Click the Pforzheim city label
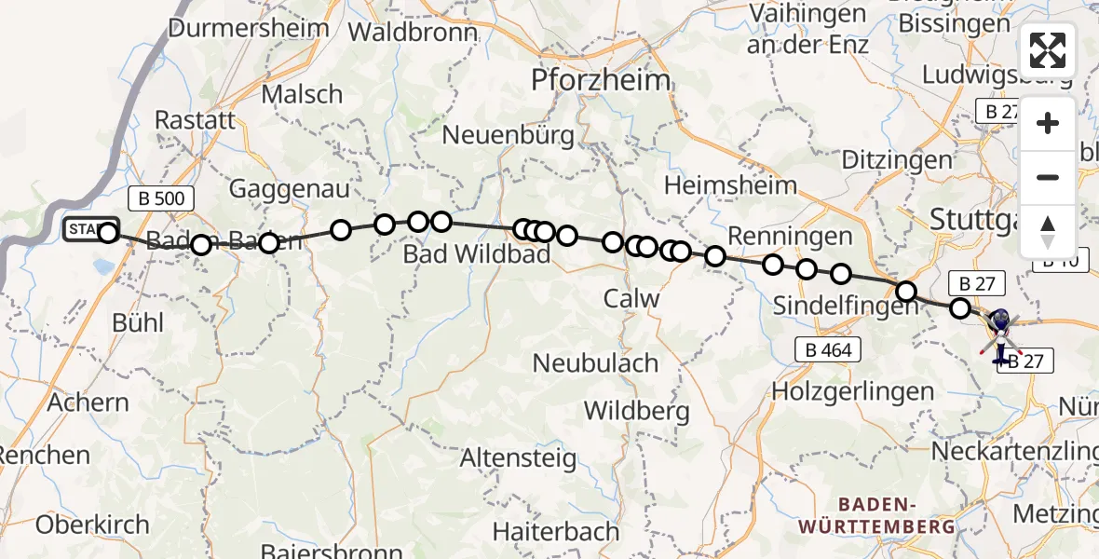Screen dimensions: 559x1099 [x=601, y=80]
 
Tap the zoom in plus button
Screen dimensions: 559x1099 [x=1048, y=124]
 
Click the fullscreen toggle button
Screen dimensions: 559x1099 [x=1048, y=50]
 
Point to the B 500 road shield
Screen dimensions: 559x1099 [x=160, y=198]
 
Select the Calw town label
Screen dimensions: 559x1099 [x=631, y=299]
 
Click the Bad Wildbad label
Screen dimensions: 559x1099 [x=477, y=253]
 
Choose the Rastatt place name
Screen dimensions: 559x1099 [x=195, y=120]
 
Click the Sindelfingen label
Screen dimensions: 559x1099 [x=846, y=306]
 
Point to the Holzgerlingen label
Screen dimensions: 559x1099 [x=852, y=391]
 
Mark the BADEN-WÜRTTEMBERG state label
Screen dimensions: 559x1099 [x=876, y=515]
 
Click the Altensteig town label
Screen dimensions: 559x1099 [x=518, y=458]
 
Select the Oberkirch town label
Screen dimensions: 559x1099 [x=92, y=525]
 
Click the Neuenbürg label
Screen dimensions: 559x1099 [x=508, y=135]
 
